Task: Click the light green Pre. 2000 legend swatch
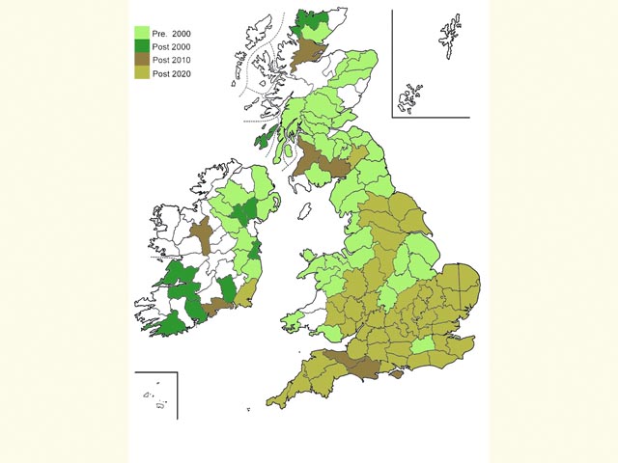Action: tap(142, 32)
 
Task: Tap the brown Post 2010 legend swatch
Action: tap(142, 59)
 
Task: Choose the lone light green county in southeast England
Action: tap(423, 345)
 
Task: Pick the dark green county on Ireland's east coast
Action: tap(255, 251)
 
